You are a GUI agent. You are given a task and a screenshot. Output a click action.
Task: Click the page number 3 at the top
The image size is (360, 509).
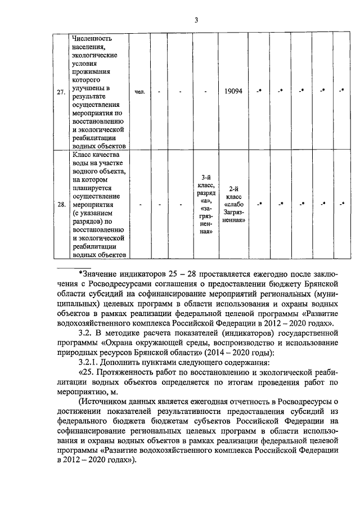point(196,21)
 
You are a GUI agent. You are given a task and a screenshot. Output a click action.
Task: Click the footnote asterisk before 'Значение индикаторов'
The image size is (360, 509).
point(80,273)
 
